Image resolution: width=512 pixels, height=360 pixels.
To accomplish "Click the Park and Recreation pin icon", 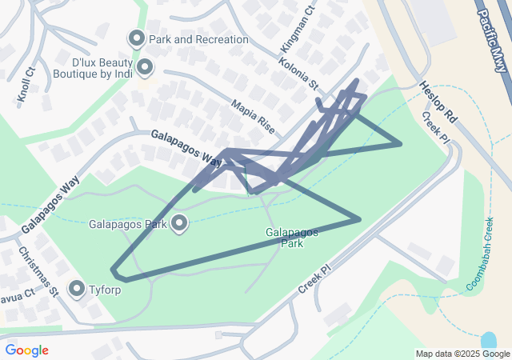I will [x=136, y=38].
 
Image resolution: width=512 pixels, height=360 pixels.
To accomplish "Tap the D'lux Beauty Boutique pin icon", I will [x=145, y=68].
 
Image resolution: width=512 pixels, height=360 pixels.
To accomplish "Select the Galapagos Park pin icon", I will [x=179, y=223].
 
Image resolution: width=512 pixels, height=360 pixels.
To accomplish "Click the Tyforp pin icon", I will [x=78, y=288].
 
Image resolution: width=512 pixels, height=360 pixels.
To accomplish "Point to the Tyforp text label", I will [x=106, y=289].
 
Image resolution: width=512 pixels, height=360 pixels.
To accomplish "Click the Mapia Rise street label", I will [x=252, y=115].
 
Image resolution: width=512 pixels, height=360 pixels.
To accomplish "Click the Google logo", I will [x=27, y=350].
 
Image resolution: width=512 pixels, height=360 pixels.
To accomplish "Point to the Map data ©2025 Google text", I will [x=462, y=354].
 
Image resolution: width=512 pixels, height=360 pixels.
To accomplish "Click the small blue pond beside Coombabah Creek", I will [x=489, y=339].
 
